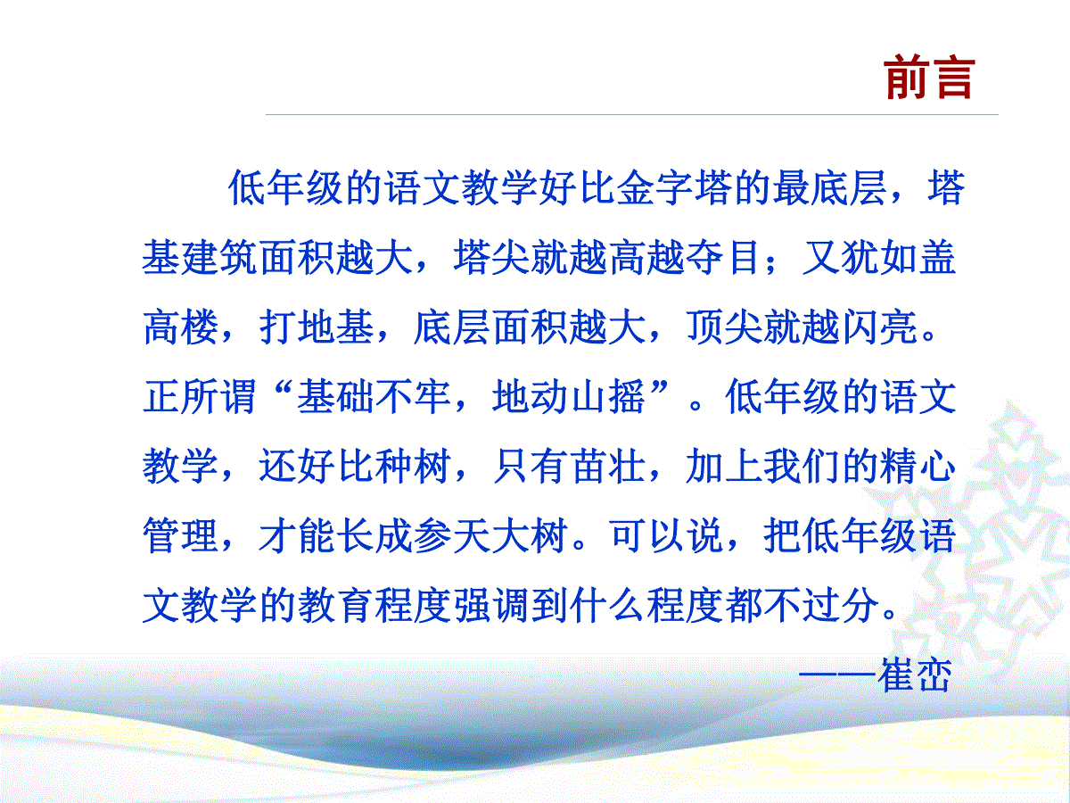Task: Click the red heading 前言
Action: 929,78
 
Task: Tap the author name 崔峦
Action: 915,675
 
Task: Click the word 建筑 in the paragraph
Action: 219,258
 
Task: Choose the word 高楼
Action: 181,327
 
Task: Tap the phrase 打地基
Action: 317,327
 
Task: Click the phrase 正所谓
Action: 200,397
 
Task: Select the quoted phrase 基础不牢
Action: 374,397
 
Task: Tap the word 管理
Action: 181,536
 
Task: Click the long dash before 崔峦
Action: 837,675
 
